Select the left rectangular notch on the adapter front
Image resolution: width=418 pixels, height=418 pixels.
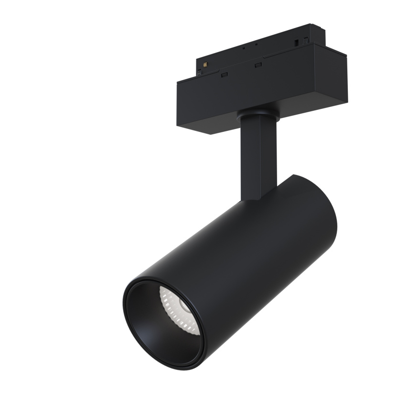223,74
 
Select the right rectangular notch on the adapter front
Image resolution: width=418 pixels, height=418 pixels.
258,64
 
